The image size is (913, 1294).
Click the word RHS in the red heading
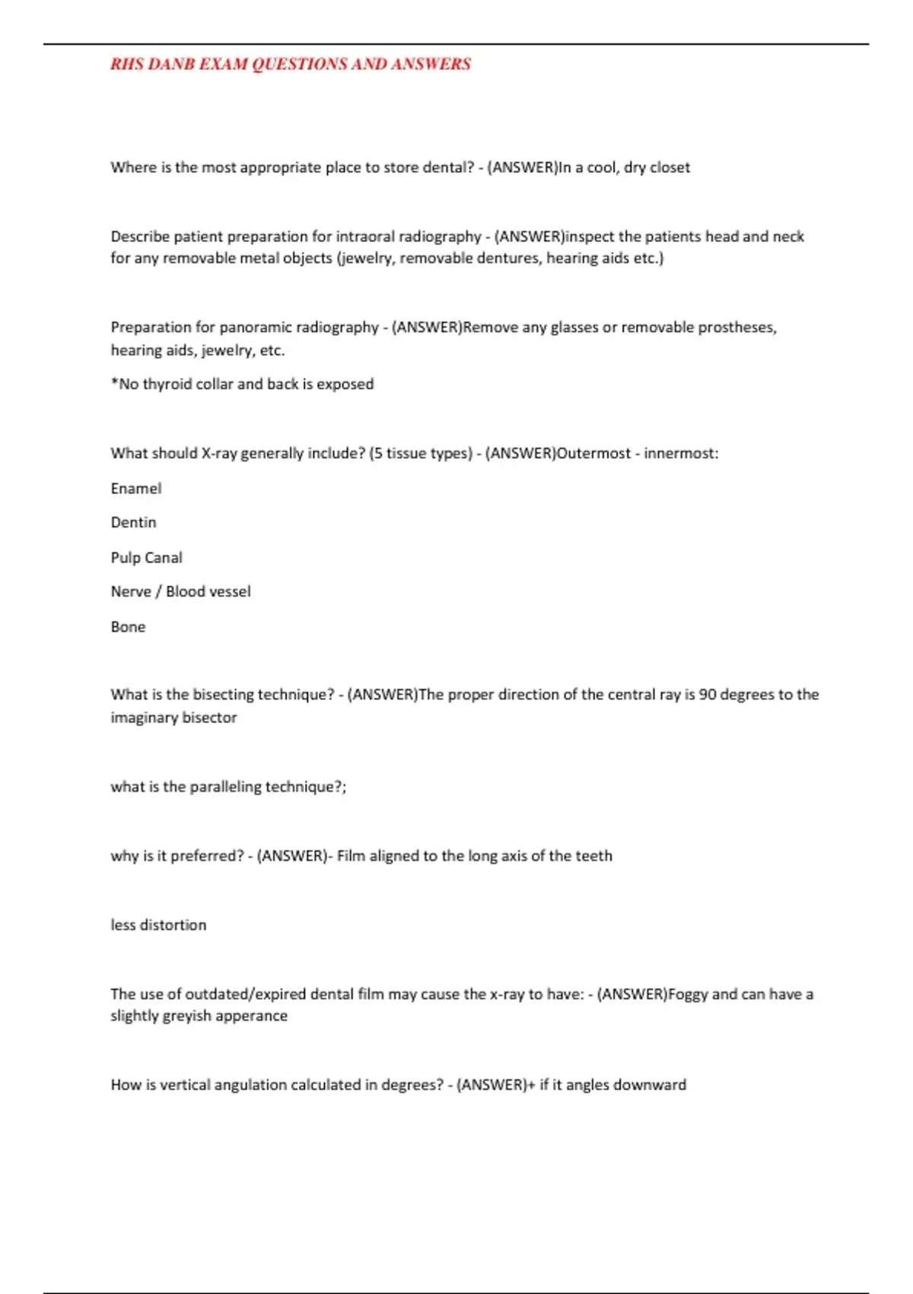tap(126, 64)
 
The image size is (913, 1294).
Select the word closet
tap(670, 167)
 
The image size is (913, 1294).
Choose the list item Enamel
tap(136, 489)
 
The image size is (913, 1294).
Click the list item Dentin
tap(133, 523)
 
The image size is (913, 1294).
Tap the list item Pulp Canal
tap(146, 558)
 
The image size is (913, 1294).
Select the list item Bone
tap(128, 627)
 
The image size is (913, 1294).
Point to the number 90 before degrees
tap(707, 695)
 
